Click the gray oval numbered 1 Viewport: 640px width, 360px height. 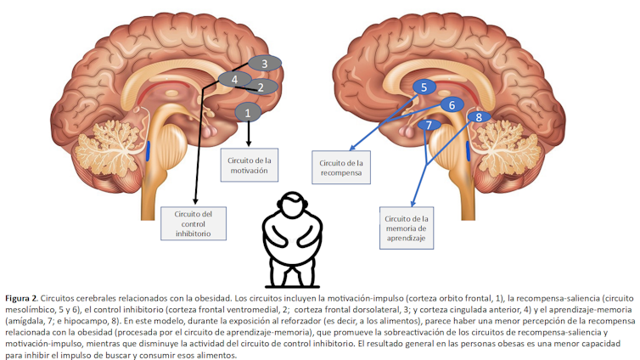tap(248, 111)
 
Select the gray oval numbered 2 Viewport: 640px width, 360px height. tap(261, 87)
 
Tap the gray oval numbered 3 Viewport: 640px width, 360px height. tap(265, 64)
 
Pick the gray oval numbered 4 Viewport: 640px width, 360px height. tap(234, 79)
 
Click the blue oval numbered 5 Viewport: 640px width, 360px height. tap(424, 87)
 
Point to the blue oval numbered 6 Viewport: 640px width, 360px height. tap(452, 104)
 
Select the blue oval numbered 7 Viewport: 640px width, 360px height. tap(429, 126)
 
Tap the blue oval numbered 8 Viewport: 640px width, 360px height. tap(479, 116)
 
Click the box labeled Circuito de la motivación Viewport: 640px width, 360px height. tap(249, 163)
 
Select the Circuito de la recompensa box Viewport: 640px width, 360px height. tap(341, 167)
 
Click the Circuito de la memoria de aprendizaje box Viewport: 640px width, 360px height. tap(407, 227)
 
